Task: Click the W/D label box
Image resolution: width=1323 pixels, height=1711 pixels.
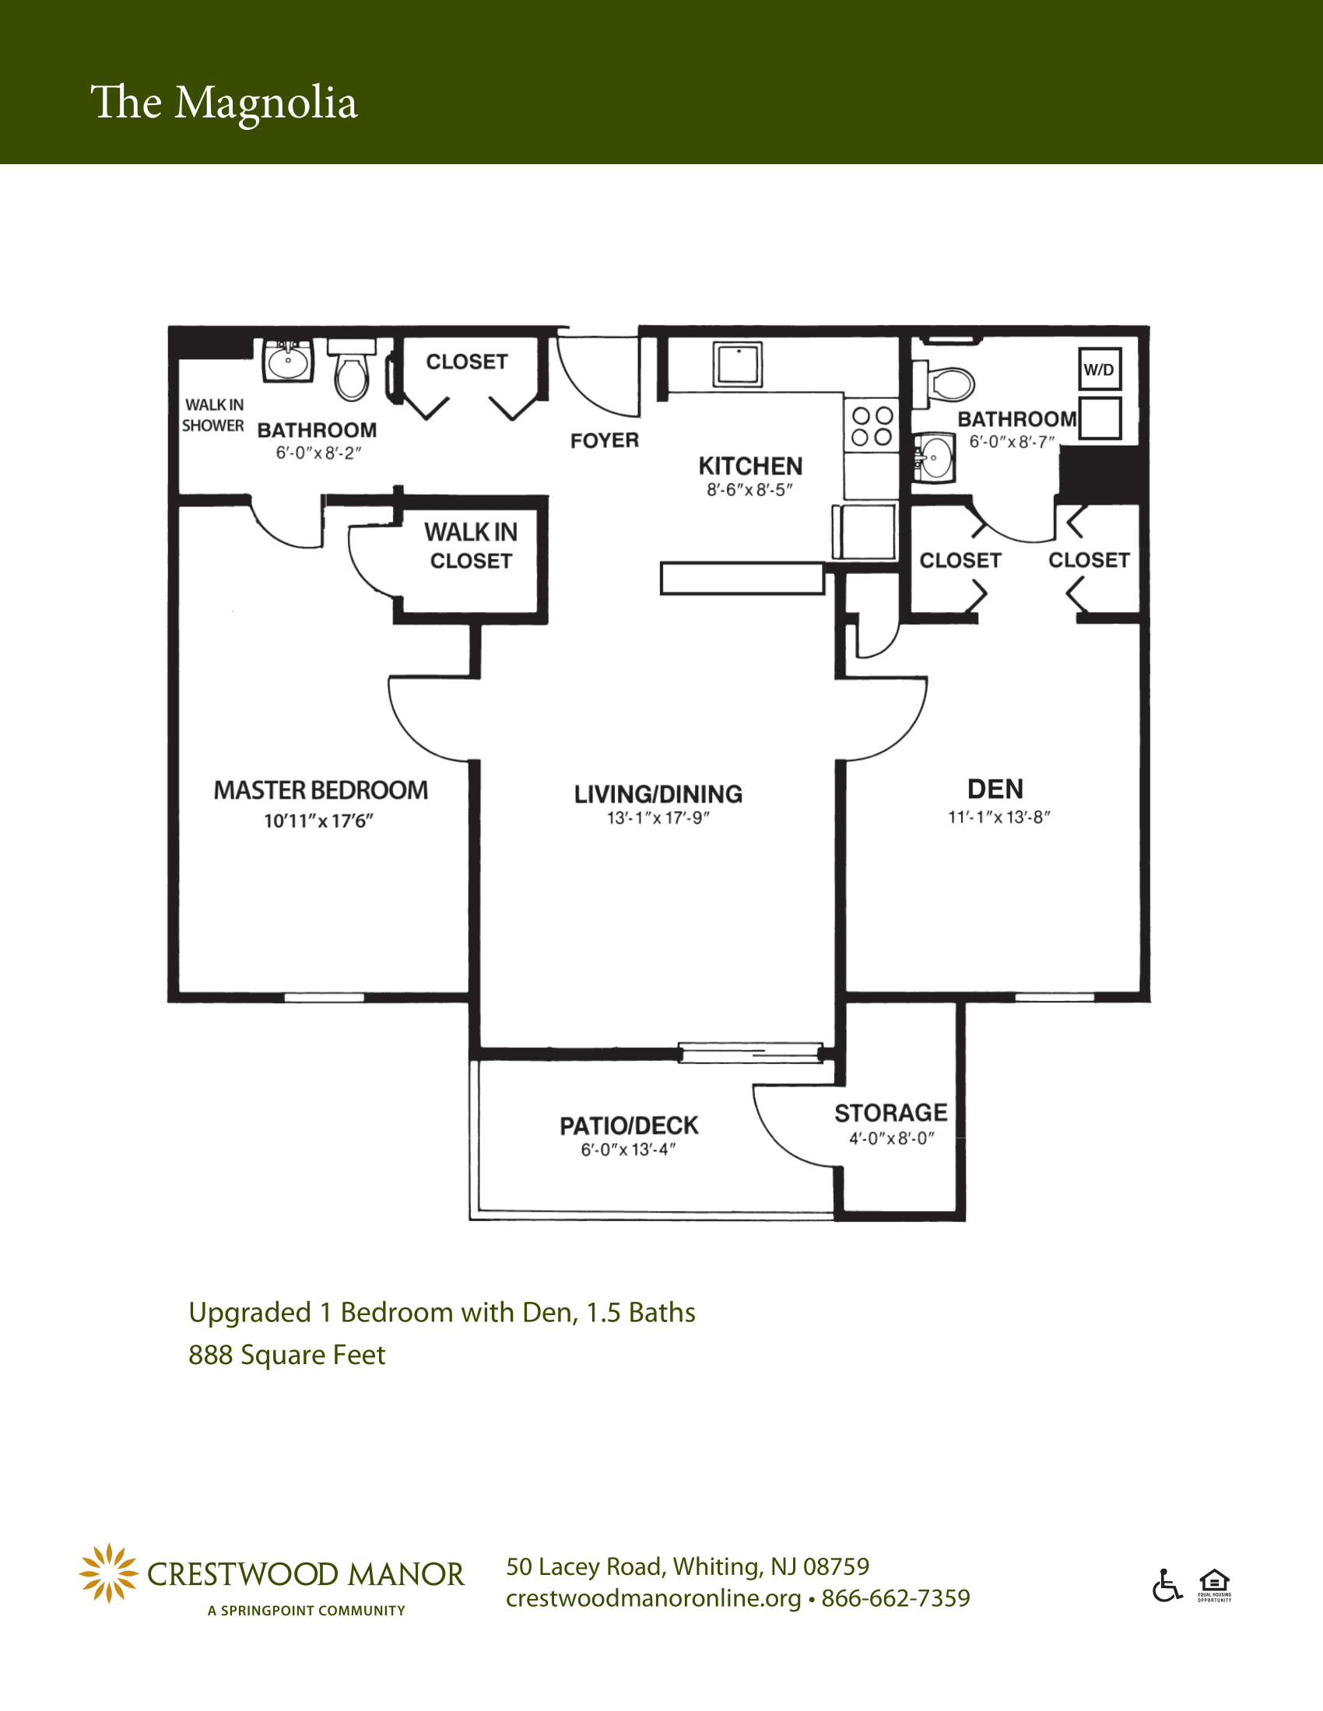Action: [1100, 369]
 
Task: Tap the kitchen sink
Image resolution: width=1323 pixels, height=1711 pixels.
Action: [738, 364]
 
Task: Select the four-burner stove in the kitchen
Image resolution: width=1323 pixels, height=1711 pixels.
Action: [872, 426]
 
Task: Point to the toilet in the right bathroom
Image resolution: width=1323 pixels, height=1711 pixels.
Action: [944, 383]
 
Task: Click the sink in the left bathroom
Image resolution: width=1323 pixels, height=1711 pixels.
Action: [288, 360]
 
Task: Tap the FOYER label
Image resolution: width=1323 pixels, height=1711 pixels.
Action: [604, 440]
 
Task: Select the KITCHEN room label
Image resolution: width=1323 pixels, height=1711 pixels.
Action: [750, 466]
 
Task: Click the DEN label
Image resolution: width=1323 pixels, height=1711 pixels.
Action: [995, 788]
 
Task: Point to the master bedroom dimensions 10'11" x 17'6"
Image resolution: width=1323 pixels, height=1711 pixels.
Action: [318, 821]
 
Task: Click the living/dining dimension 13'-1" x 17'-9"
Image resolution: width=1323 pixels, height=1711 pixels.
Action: [658, 818]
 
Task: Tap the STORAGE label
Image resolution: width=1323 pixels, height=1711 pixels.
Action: [891, 1112]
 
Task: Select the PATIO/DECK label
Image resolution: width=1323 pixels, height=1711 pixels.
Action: [629, 1126]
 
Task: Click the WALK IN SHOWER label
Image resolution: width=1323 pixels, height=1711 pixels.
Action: [213, 415]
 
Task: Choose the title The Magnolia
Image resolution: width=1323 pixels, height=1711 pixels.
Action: [224, 103]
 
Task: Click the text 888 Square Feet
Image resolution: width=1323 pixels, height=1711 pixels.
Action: [287, 1355]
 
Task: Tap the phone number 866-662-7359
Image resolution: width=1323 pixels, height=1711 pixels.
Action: [896, 1597]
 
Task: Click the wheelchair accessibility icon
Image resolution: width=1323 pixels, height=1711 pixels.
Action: [1167, 1586]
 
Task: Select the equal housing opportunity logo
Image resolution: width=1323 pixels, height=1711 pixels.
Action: [1214, 1586]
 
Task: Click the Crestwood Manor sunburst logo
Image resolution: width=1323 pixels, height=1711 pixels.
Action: [109, 1573]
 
